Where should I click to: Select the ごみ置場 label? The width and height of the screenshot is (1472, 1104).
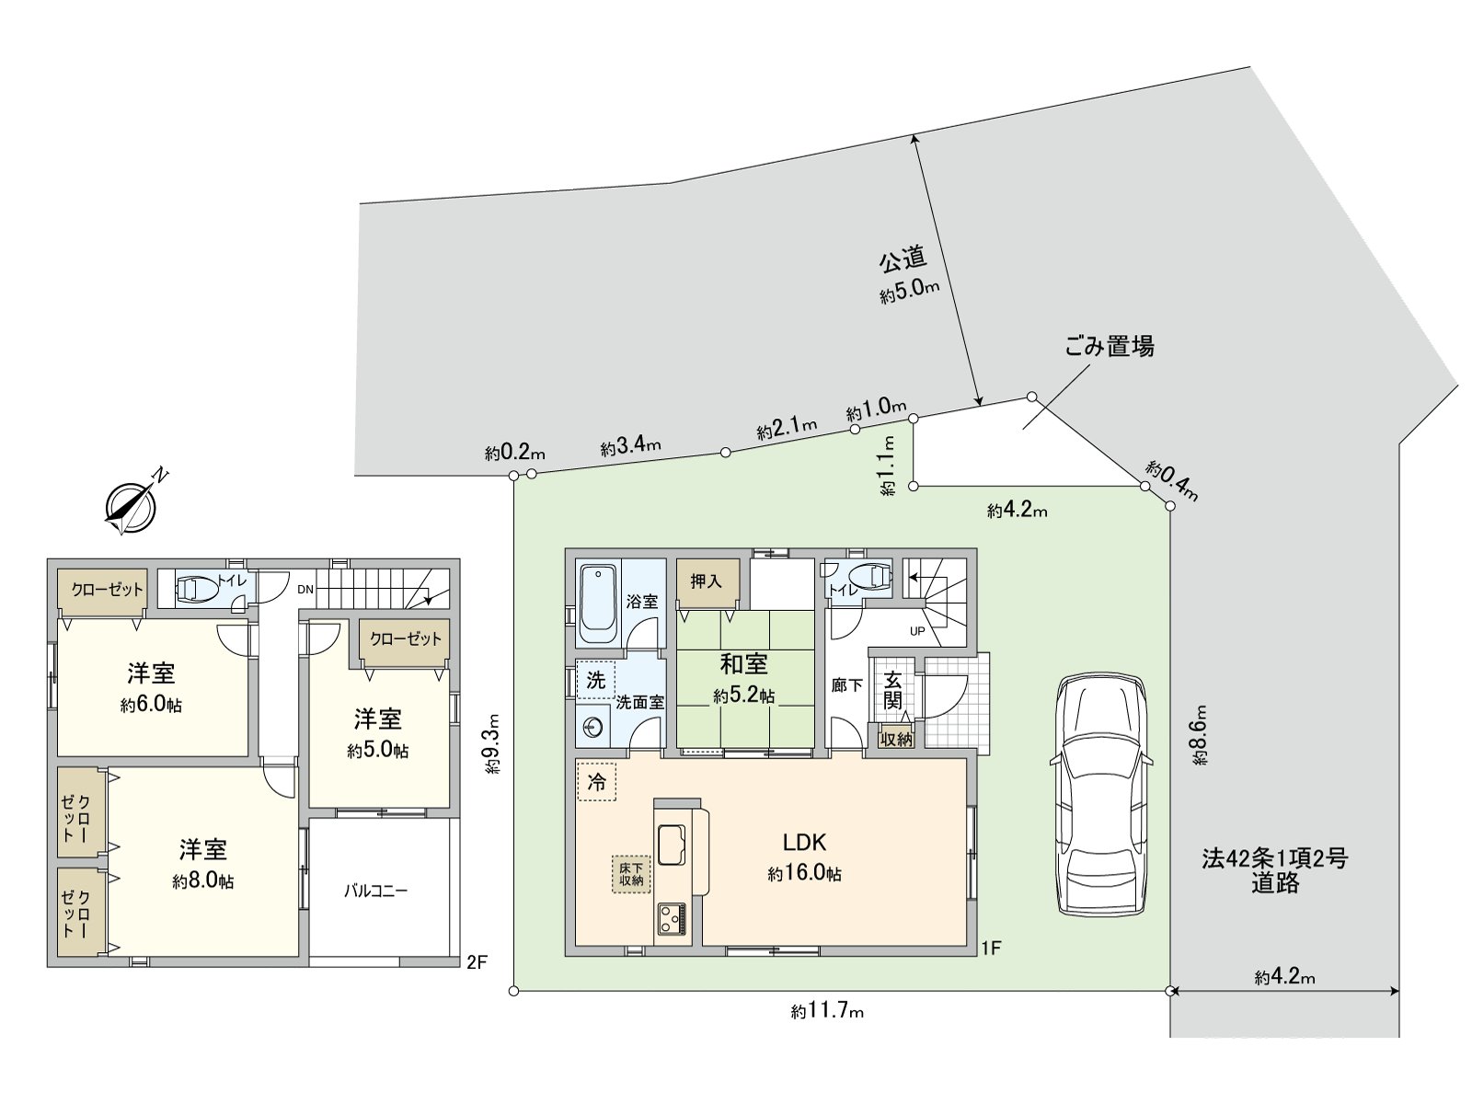tap(1109, 347)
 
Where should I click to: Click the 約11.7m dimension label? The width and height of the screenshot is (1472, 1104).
tap(827, 1012)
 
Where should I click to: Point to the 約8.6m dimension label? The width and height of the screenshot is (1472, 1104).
tap(1200, 735)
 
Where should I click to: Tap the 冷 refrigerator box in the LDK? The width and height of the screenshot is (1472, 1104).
tap(596, 782)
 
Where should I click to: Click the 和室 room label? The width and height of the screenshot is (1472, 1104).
tap(743, 663)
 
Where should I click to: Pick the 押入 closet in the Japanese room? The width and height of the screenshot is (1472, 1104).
tap(706, 581)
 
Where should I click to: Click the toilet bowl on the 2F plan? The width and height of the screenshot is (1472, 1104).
tap(195, 588)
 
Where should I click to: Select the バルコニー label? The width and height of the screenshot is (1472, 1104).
tap(375, 891)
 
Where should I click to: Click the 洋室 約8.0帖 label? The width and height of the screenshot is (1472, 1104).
tap(202, 863)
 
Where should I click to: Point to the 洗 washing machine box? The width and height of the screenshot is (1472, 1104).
tap(596, 680)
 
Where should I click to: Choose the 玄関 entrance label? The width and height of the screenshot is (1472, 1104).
tap(892, 689)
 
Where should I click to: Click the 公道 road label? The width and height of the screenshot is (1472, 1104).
tap(903, 261)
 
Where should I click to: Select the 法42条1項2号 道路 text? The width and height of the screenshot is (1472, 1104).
tap(1274, 870)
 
